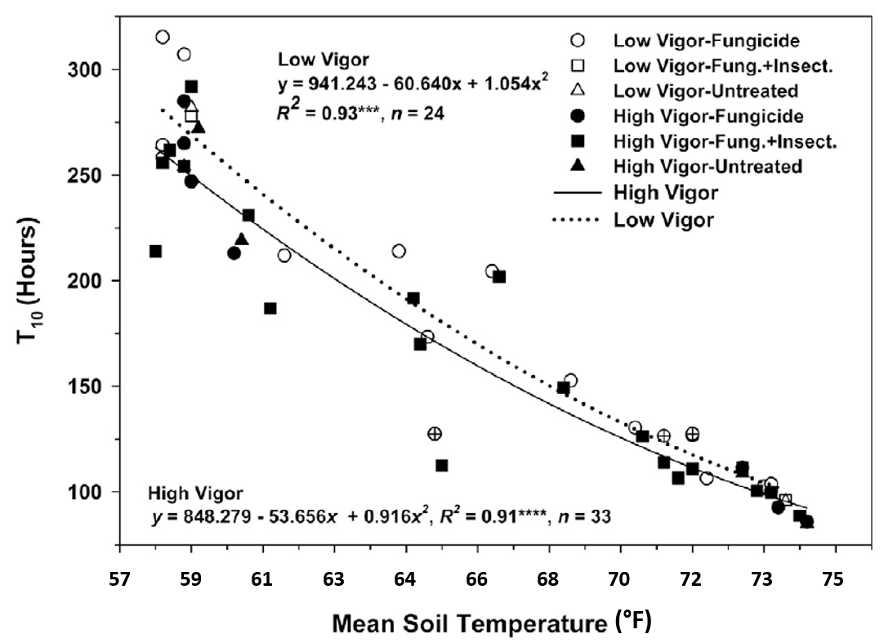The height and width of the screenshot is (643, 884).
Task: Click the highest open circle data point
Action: [163, 37]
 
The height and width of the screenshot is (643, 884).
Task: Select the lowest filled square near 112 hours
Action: [442, 466]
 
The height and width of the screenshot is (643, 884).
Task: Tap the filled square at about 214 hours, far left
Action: [155, 251]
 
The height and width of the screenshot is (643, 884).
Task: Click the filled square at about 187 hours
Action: [270, 309]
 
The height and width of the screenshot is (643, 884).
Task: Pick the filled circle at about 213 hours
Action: [234, 253]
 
